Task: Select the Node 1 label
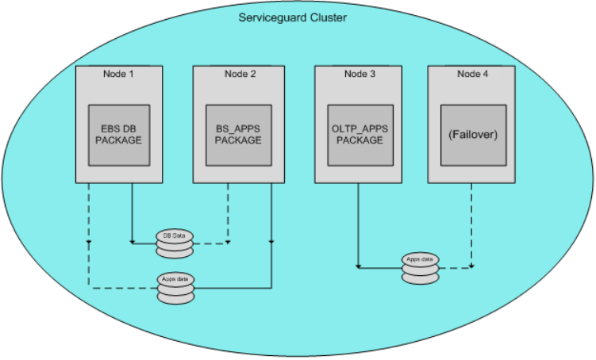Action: [118, 74]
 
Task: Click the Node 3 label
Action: [357, 74]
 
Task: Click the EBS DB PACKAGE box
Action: [118, 134]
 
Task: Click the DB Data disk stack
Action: [174, 244]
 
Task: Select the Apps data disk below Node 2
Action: [175, 289]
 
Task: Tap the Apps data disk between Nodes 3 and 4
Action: [420, 269]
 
